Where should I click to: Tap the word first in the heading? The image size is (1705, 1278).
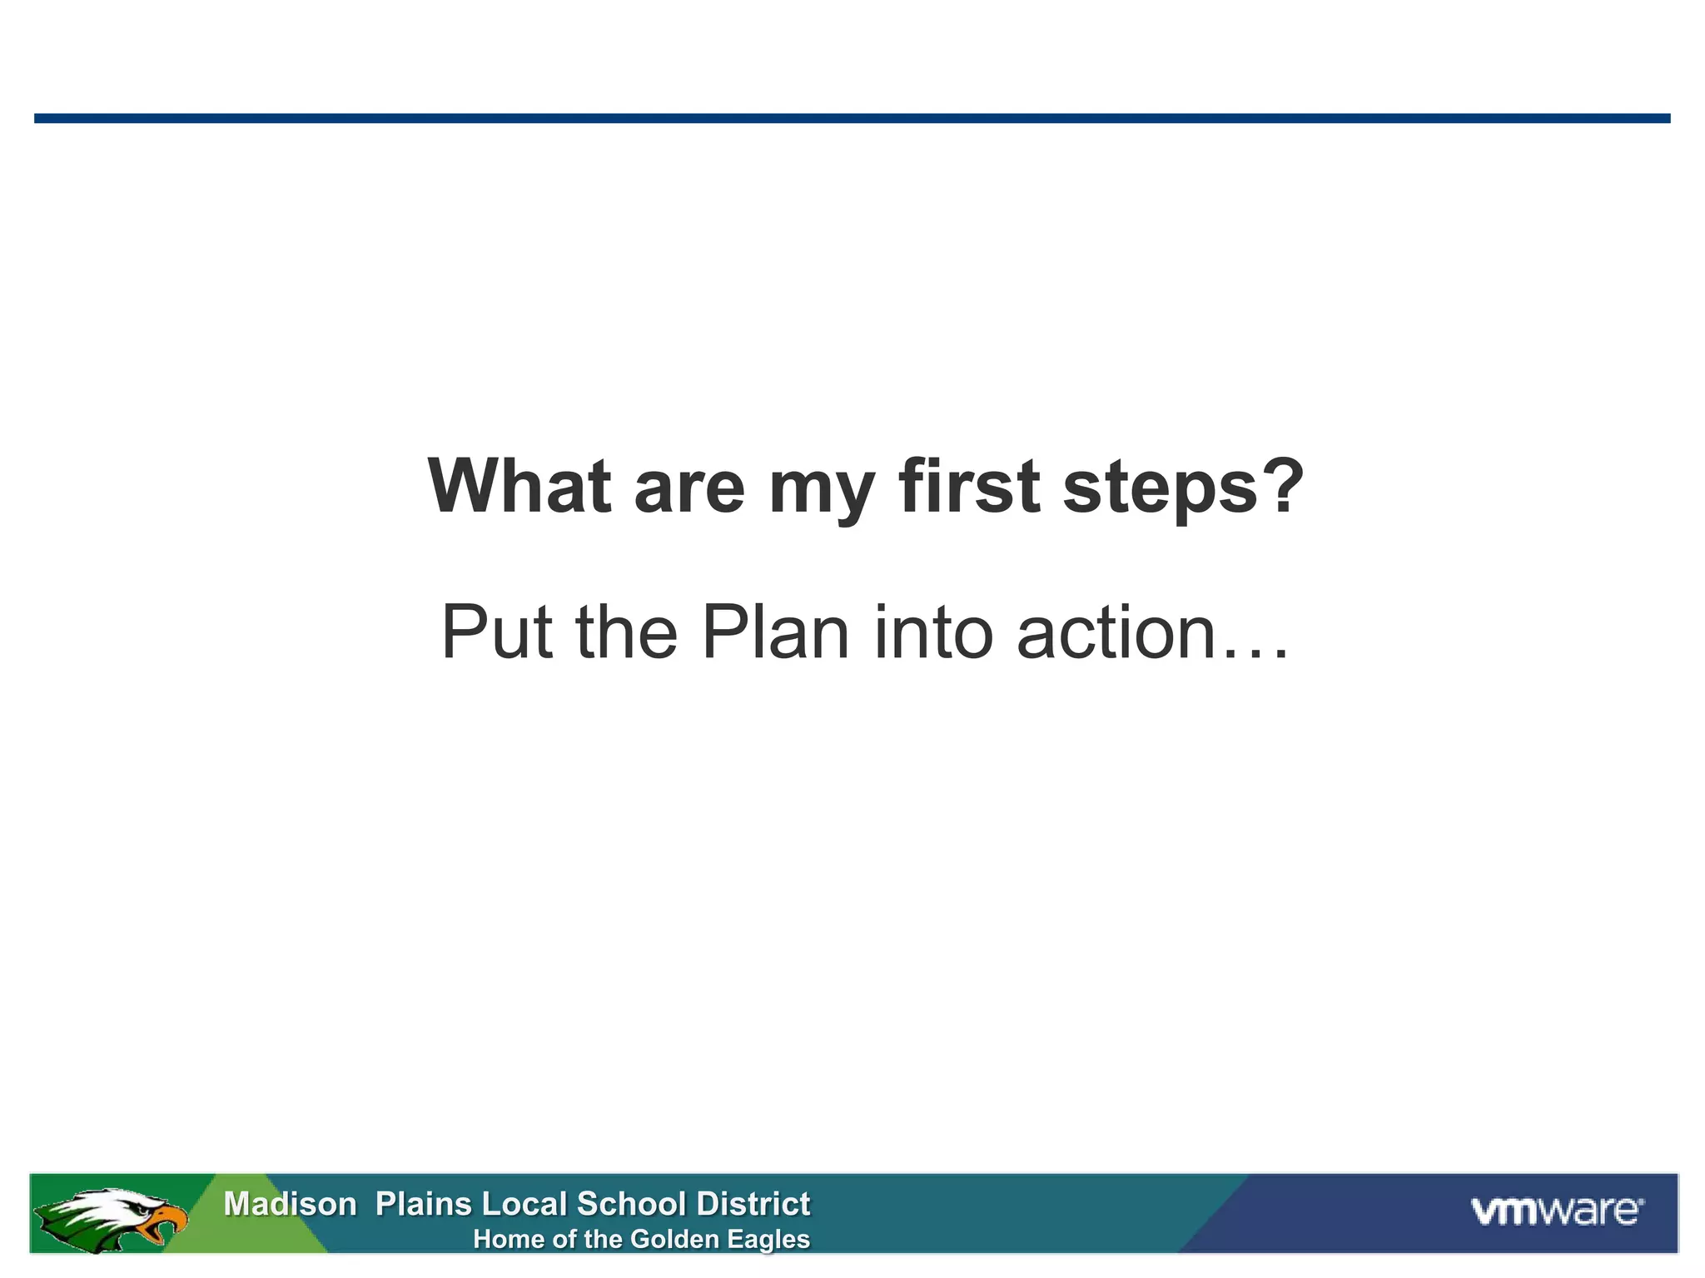(x=969, y=487)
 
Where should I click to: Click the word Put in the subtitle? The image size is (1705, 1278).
(x=496, y=632)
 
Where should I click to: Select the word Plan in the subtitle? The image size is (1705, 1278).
(x=775, y=632)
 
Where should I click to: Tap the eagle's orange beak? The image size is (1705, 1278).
(x=167, y=1223)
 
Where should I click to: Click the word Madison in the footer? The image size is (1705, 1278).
(x=290, y=1204)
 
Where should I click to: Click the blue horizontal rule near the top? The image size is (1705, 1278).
(x=852, y=118)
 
